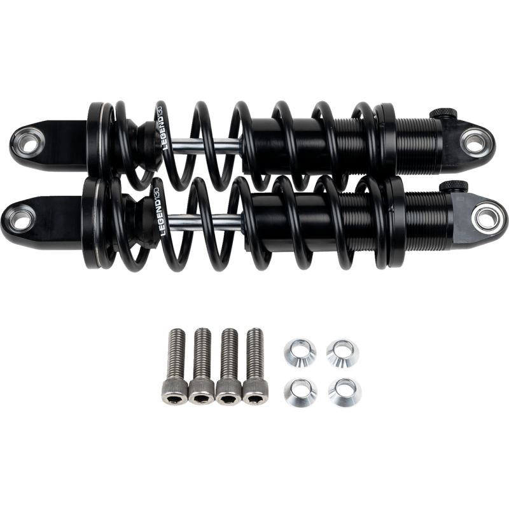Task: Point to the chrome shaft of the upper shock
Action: coord(210,145)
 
